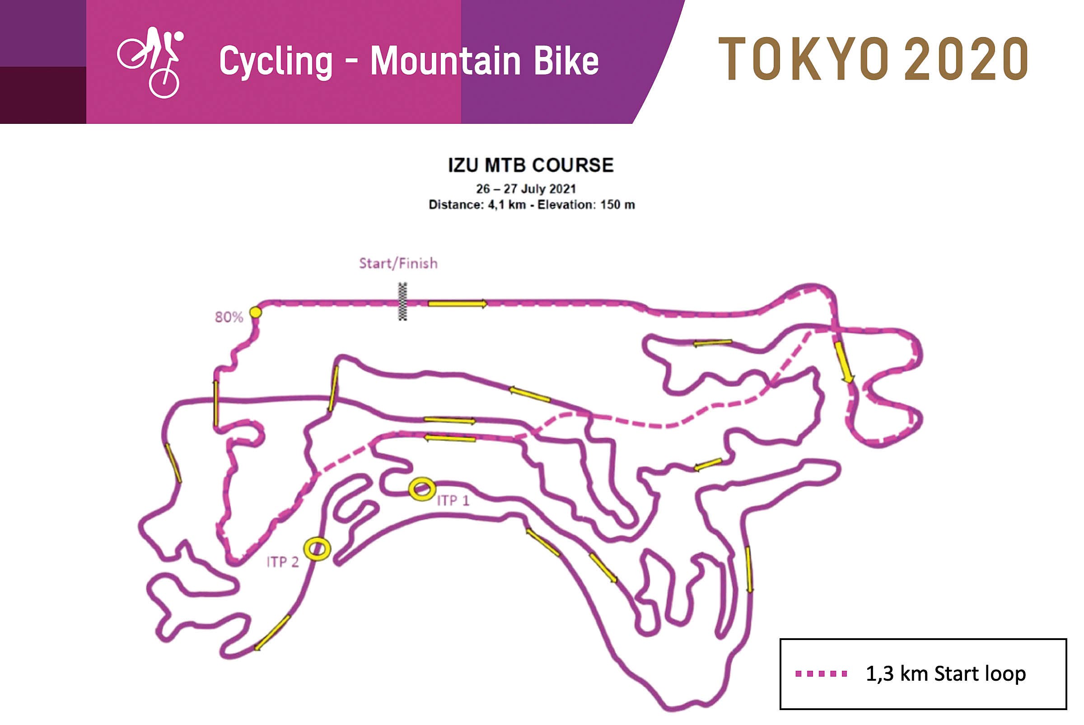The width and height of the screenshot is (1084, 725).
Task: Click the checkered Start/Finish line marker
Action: [402, 301]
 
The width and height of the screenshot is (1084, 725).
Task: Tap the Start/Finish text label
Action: [398, 263]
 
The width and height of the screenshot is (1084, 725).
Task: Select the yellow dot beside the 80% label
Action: [255, 313]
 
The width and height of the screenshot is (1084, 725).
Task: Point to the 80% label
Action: [229, 317]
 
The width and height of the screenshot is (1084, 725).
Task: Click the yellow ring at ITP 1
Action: [421, 489]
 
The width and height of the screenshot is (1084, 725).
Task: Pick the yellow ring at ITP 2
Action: [317, 549]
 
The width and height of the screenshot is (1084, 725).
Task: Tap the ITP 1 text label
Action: [453, 501]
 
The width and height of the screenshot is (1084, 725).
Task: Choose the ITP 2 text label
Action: [282, 562]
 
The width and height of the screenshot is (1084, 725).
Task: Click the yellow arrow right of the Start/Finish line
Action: [457, 304]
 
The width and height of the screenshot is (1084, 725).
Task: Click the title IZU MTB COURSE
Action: [531, 165]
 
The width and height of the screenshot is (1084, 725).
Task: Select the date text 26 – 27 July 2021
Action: [526, 188]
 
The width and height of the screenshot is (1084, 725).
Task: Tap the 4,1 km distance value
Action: [506, 205]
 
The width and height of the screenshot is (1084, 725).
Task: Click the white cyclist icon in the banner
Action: [150, 62]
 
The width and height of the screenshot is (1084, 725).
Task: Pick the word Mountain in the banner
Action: [445, 61]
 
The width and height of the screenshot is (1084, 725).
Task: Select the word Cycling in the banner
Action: [276, 61]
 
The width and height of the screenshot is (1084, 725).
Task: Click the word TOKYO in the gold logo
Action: [803, 59]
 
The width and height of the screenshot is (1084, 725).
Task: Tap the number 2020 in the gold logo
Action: [966, 59]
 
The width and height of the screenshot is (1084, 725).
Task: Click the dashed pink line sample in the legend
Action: [821, 673]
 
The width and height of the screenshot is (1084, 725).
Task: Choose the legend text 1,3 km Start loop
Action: [945, 673]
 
